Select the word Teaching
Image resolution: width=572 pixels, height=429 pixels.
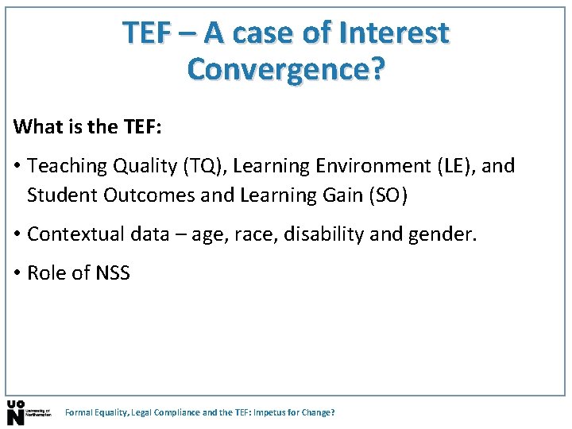(x=67, y=166)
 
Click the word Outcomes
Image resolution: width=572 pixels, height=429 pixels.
(x=140, y=195)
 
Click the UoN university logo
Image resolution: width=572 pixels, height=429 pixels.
(x=27, y=412)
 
